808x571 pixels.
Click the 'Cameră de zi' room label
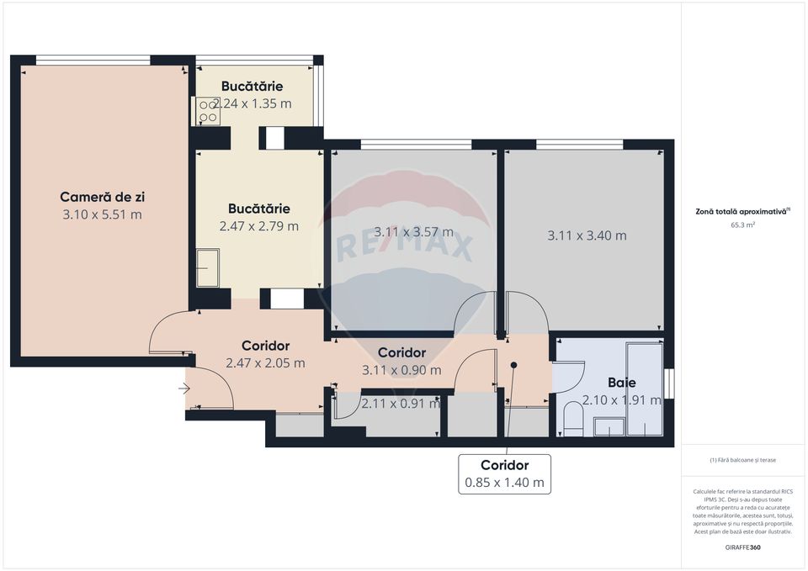point(102,197)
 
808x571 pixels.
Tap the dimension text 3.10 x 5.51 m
point(102,214)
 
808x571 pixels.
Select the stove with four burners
point(208,111)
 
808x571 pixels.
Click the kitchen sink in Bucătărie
point(207,268)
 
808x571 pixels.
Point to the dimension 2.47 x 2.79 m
point(258,226)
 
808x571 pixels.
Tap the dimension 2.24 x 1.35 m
point(252,104)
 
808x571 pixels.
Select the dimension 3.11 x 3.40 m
point(587,235)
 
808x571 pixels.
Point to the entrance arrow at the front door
point(185,389)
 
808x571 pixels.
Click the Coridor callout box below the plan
point(504,473)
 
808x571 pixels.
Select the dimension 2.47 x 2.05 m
point(265,363)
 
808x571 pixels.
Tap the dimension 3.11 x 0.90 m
point(401,370)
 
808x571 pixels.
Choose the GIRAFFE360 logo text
point(743,547)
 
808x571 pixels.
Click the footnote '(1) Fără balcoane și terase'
point(743,460)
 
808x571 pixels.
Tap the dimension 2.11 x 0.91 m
point(400,403)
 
